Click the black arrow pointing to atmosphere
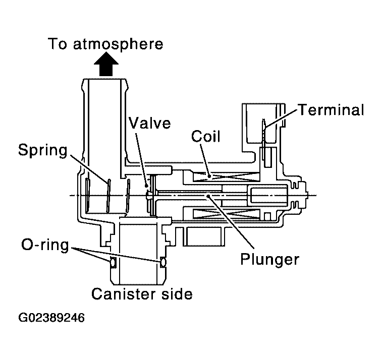click(x=106, y=66)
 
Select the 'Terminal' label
click(x=330, y=110)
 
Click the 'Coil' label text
click(x=205, y=136)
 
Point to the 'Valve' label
click(x=149, y=123)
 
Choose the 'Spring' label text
click(x=43, y=150)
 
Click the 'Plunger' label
click(x=269, y=260)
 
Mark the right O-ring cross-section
click(x=162, y=262)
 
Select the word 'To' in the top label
click(x=58, y=44)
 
